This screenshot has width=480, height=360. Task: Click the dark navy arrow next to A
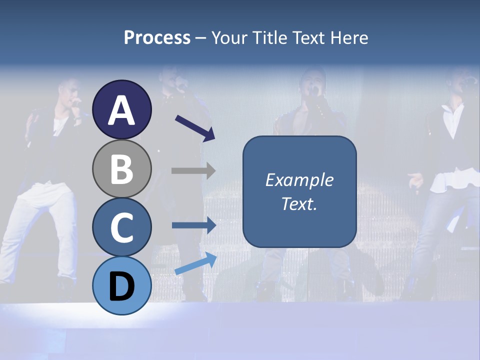click(195, 128)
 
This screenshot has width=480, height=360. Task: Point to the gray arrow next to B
click(194, 170)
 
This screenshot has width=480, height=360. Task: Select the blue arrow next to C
click(194, 225)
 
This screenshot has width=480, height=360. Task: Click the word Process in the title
click(157, 38)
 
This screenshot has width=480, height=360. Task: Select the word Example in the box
click(299, 180)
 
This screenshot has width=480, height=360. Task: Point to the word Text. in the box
click(299, 204)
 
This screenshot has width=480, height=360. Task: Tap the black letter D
click(122, 286)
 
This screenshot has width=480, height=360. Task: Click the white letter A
click(122, 110)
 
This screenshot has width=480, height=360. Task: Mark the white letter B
click(122, 168)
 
